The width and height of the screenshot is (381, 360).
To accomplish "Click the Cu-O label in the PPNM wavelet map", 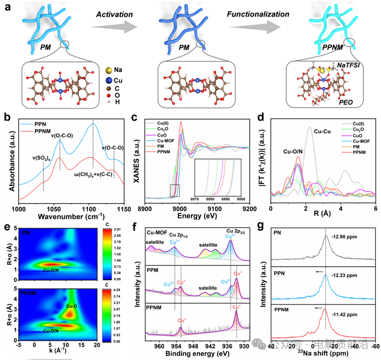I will coord(73,306).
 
